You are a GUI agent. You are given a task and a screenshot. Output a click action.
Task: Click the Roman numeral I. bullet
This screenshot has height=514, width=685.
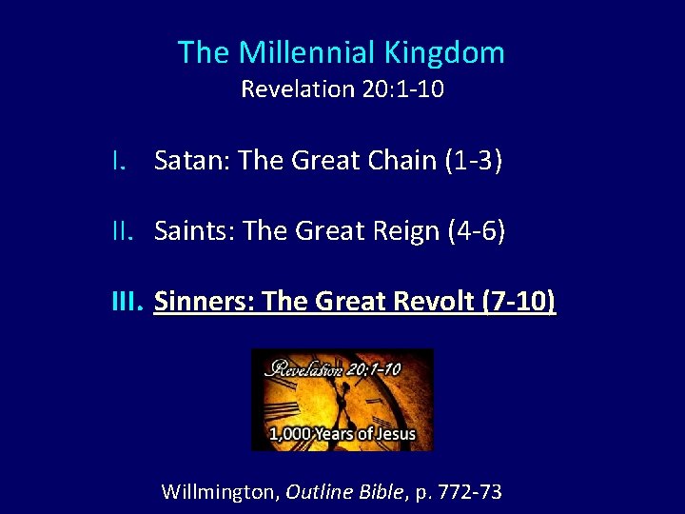coord(118,161)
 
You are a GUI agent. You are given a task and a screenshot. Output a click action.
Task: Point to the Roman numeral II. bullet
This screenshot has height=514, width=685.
coord(122,231)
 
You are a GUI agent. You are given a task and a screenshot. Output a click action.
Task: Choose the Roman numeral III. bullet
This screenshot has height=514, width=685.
coord(127,303)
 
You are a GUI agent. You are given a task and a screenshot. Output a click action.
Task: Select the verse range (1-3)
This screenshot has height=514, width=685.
coord(473,161)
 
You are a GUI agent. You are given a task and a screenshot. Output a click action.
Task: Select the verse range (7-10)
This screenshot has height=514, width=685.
coord(519,303)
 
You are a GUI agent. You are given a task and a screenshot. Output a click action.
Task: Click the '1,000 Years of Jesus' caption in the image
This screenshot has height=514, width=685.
coord(342,434)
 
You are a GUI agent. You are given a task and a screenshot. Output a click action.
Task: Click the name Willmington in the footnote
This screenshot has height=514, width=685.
coord(219,492)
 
